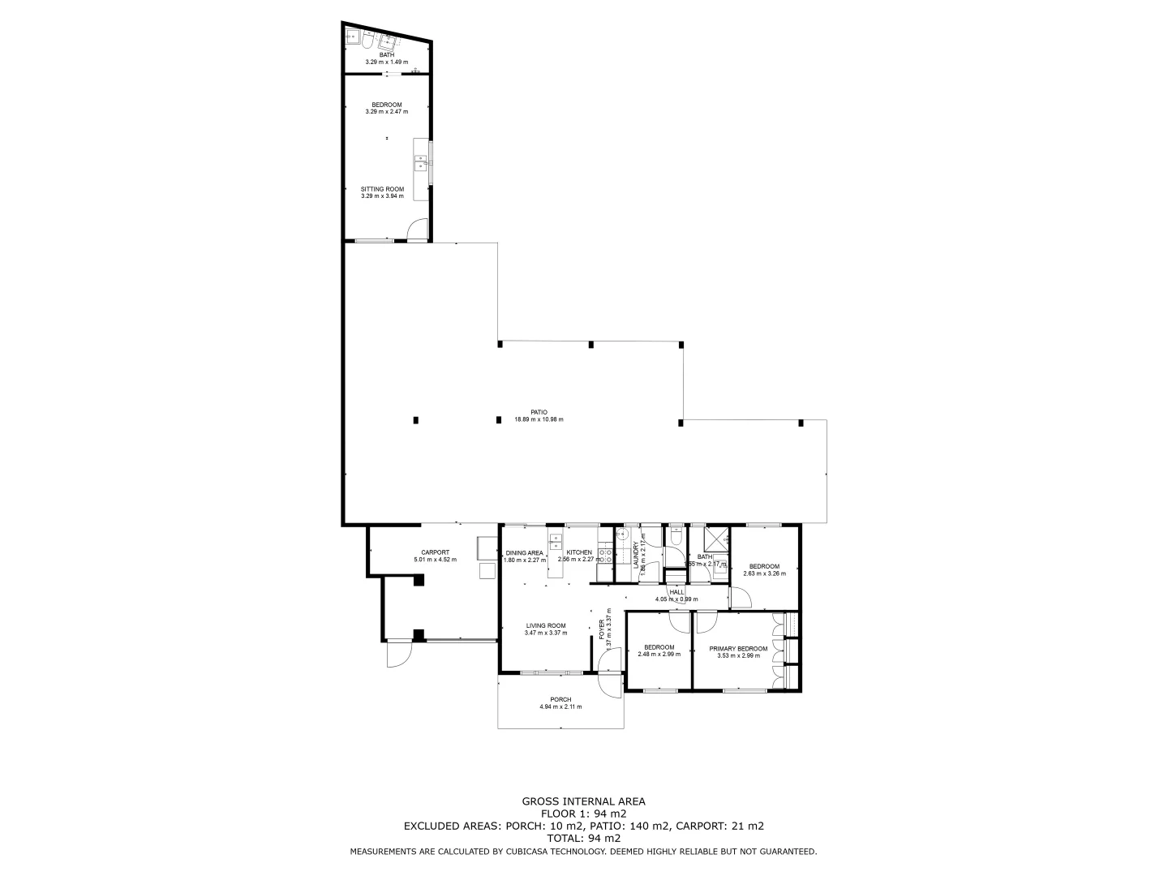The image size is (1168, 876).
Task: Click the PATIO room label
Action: pyautogui.click(x=539, y=412)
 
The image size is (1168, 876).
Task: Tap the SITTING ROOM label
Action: pyautogui.click(x=382, y=189)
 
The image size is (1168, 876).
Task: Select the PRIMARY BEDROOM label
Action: pyautogui.click(x=738, y=648)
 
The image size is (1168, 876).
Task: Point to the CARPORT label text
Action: pyautogui.click(x=435, y=552)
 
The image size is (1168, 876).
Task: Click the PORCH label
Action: pyautogui.click(x=560, y=699)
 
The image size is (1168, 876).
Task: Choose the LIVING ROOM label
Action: pyautogui.click(x=546, y=625)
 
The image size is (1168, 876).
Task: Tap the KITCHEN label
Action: pyautogui.click(x=579, y=552)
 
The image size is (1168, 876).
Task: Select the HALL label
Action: pyautogui.click(x=676, y=592)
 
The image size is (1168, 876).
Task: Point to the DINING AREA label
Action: pyautogui.click(x=523, y=552)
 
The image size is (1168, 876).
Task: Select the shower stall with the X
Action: pyautogui.click(x=715, y=539)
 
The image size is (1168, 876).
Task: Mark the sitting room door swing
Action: pyautogui.click(x=417, y=230)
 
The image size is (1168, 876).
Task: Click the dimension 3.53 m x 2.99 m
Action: pyautogui.click(x=738, y=655)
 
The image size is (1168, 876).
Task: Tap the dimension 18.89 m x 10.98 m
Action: pyautogui.click(x=539, y=420)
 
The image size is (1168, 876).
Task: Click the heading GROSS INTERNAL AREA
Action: pyautogui.click(x=583, y=801)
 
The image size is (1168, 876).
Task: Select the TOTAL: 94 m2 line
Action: pyautogui.click(x=583, y=839)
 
